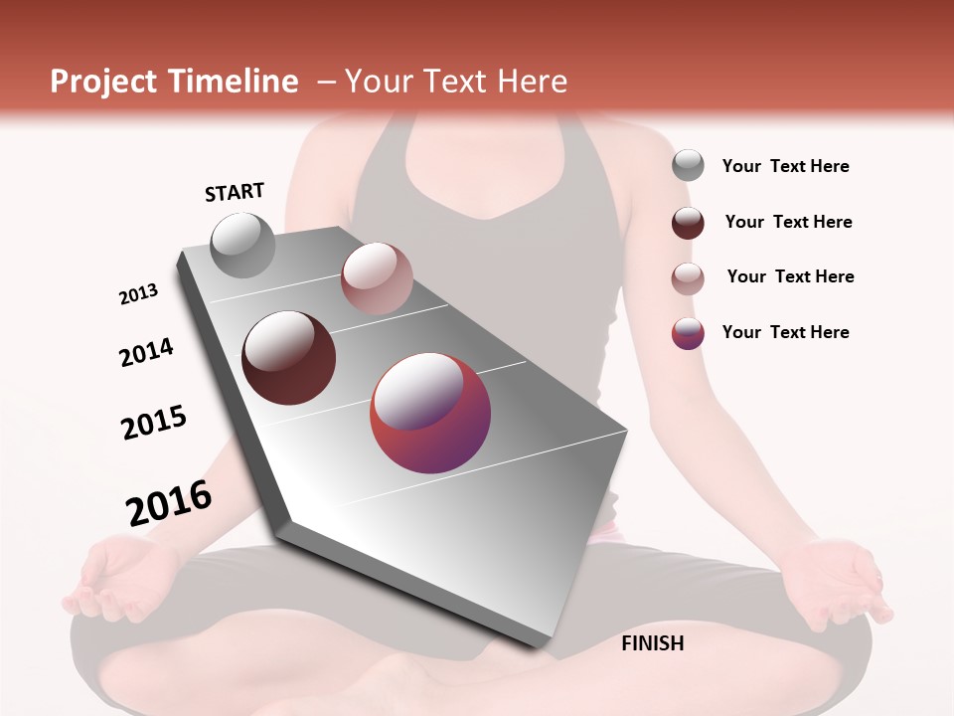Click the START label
(235, 191)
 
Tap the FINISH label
(652, 643)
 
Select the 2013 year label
(138, 294)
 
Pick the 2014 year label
(146, 352)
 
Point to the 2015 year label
(154, 423)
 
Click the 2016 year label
(169, 503)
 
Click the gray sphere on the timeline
(243, 245)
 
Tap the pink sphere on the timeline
(377, 278)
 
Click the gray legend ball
(688, 165)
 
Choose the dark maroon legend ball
(688, 223)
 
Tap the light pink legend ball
(688, 278)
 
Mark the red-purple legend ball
(688, 333)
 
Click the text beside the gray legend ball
(785, 166)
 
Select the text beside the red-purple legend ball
(785, 332)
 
